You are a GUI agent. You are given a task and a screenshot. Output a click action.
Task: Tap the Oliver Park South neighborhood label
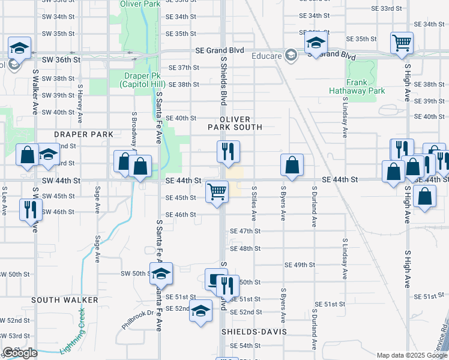[235, 124]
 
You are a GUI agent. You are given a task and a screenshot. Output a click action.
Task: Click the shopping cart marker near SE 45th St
[217, 192]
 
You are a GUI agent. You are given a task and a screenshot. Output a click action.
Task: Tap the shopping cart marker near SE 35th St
[402, 43]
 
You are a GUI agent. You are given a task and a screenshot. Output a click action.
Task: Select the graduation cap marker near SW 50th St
[161, 274]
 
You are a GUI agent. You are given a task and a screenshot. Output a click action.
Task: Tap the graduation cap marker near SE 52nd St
[201, 310]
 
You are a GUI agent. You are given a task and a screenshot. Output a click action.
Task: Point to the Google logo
[20, 353]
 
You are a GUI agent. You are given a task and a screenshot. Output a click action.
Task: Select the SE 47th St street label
[246, 231]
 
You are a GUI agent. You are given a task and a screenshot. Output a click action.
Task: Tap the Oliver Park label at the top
[140, 4]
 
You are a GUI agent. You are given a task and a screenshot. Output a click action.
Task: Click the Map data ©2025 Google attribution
[411, 355]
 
